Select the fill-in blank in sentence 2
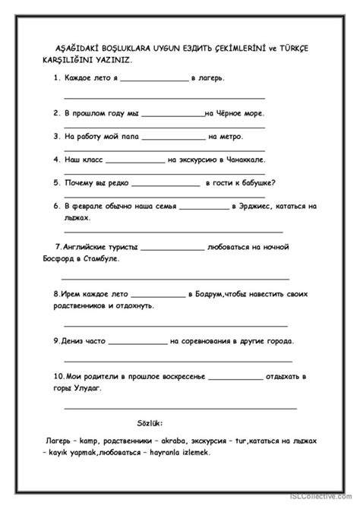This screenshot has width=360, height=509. click(172, 115)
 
